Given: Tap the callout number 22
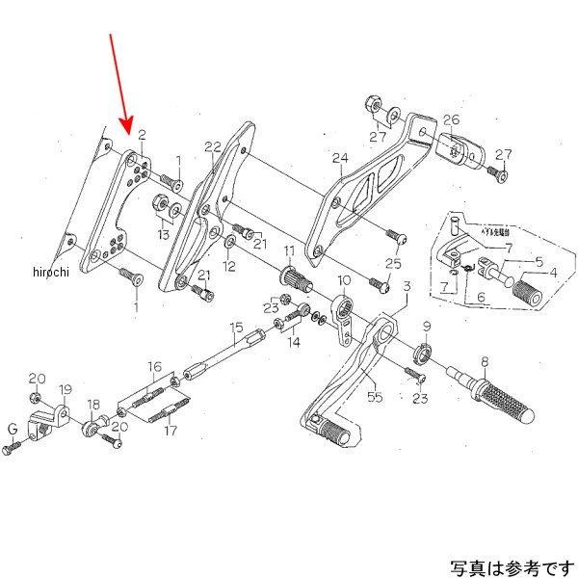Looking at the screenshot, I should pos(213,146).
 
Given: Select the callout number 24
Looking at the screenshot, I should pos(339,158).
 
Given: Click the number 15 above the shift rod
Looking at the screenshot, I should pos(235,328).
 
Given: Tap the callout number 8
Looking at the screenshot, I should pos(485,362).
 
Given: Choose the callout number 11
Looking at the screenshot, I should pos(288,252).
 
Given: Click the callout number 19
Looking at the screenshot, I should pos(66,389).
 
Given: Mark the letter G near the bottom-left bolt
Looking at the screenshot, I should pos(13,429).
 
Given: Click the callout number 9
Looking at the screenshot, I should pos(426,327).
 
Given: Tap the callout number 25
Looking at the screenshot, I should pos(392,264).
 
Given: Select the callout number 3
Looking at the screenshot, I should pos(407,286).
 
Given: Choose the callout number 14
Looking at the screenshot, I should pos(293,343).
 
